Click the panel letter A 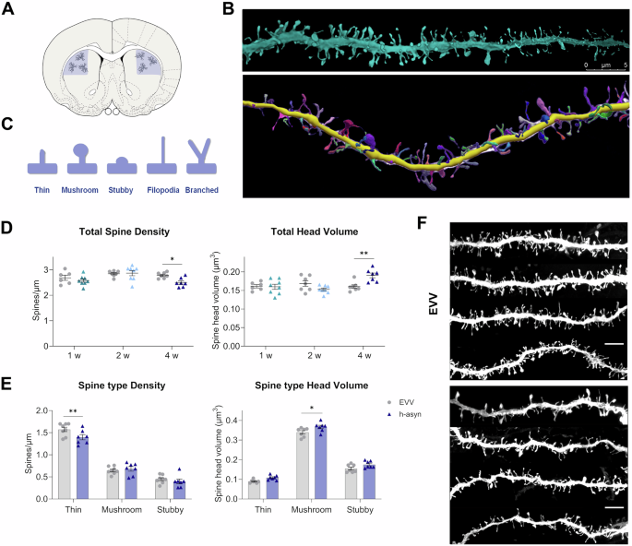click(10, 12)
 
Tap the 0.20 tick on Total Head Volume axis click(229, 270)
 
